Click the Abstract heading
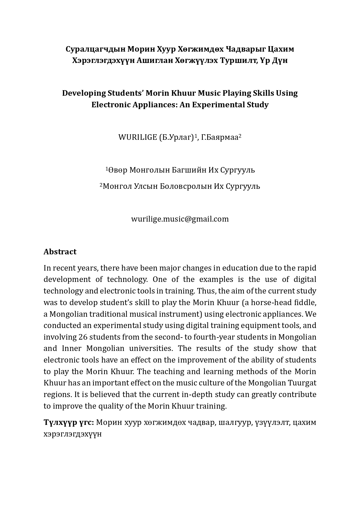click(60, 252)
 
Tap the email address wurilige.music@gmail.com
click(180, 219)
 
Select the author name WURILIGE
click(137, 137)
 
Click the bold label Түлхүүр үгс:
click(69, 422)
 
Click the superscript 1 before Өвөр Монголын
click(107, 169)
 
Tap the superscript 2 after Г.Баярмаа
click(240, 136)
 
